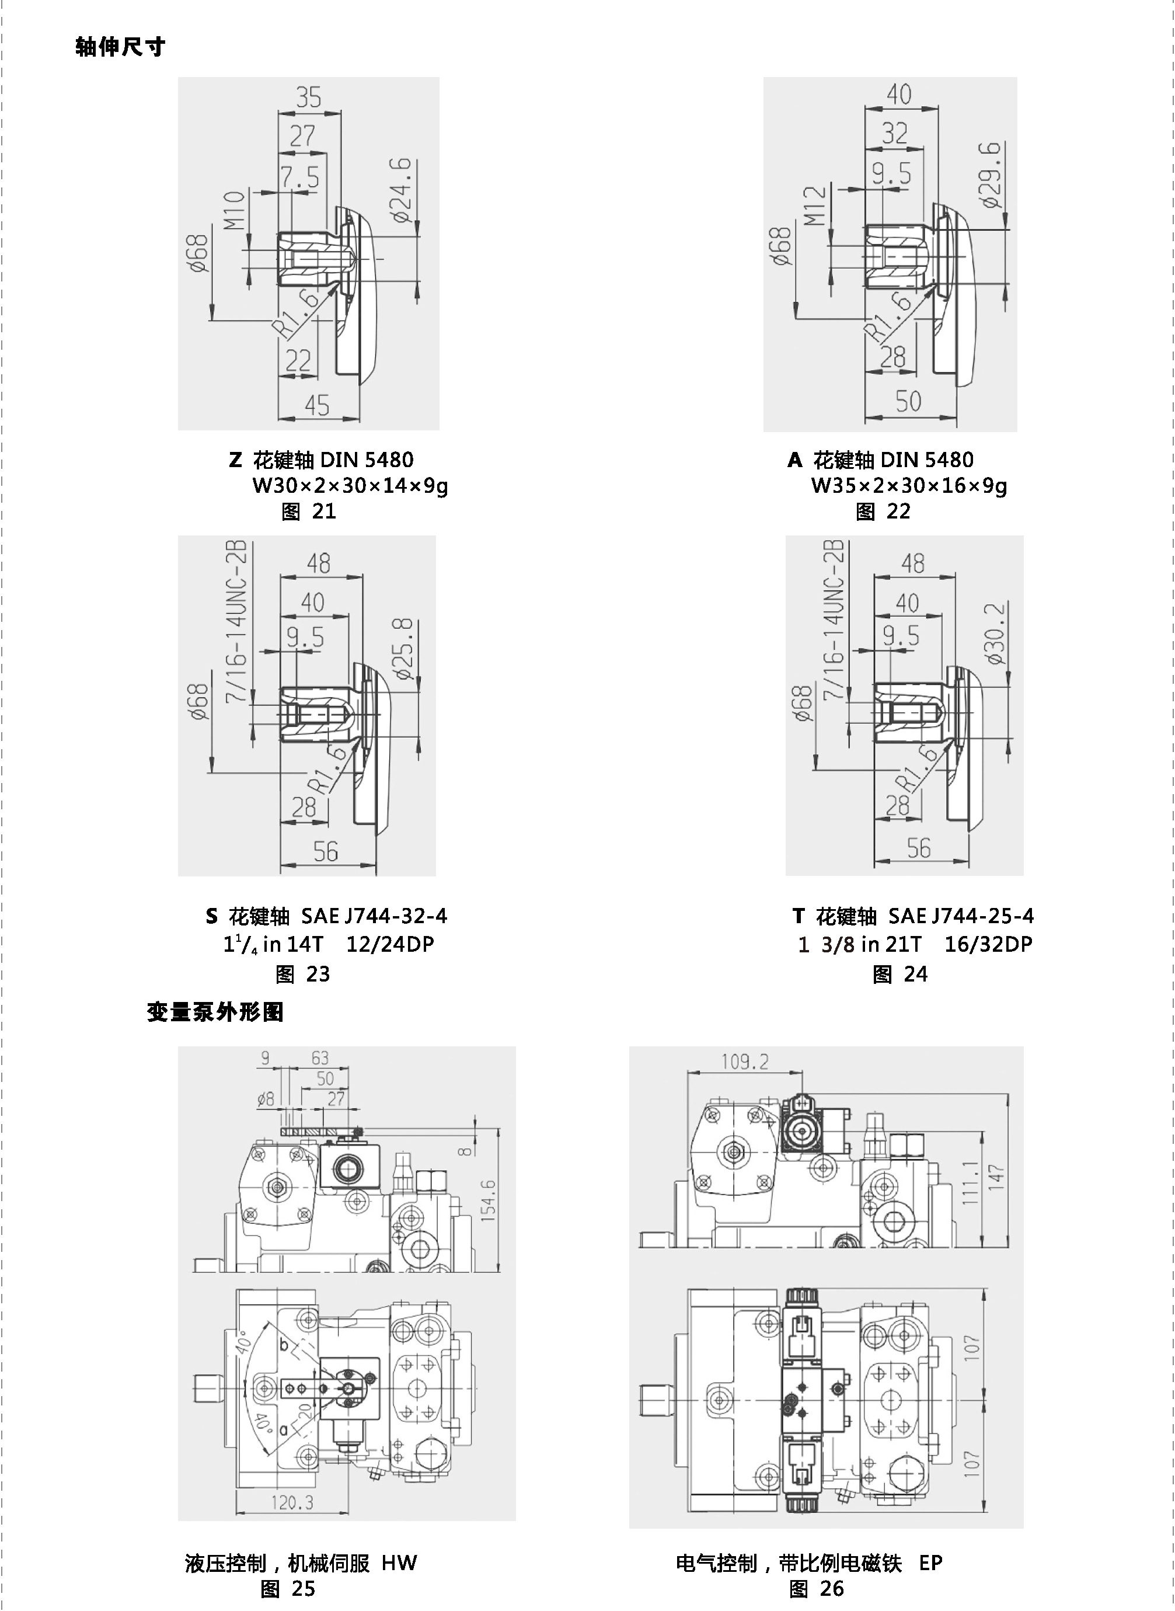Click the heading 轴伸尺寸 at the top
(x=120, y=47)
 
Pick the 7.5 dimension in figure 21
(x=299, y=176)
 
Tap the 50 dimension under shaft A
(x=908, y=401)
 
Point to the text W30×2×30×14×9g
(x=350, y=486)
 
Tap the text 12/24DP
(x=390, y=944)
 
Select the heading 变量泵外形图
(x=215, y=1012)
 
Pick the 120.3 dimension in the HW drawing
(x=292, y=1503)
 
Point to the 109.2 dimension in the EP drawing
(x=745, y=1062)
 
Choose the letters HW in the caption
(x=399, y=1563)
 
